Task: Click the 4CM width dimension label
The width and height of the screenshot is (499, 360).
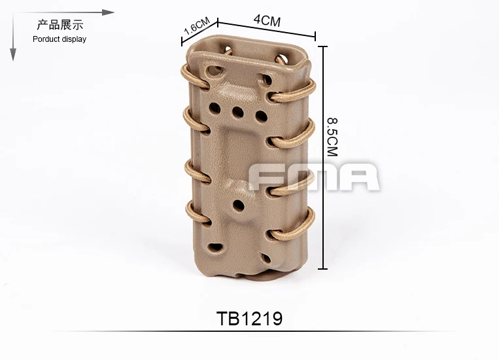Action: point(267,20)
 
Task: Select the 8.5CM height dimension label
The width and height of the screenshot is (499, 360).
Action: point(333,137)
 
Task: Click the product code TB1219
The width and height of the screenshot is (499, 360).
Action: point(249,318)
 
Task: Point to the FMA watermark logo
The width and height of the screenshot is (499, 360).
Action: point(314,177)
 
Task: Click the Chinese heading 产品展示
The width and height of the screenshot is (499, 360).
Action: point(60,24)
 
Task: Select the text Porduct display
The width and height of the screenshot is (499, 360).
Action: point(60,39)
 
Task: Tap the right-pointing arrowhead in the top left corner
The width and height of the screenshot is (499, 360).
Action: point(108,12)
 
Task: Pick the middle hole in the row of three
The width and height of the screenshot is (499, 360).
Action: point(237,112)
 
